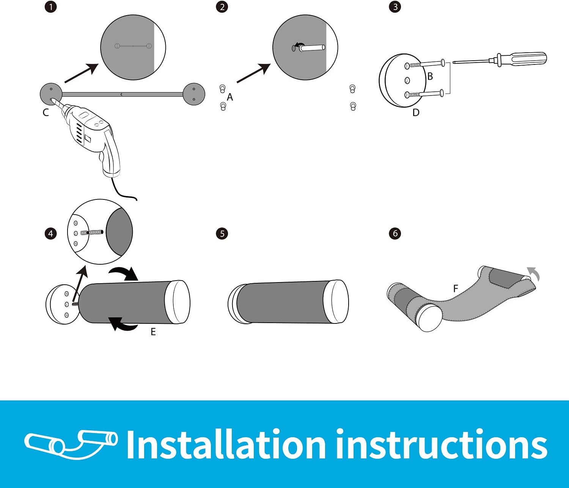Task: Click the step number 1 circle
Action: (x=51, y=7)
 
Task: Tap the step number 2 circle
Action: (x=222, y=7)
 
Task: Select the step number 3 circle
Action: (x=395, y=7)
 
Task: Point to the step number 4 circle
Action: (x=51, y=234)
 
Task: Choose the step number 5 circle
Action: (x=222, y=234)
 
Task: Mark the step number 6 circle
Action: (x=395, y=234)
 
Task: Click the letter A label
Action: (x=230, y=97)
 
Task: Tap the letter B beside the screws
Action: (x=430, y=76)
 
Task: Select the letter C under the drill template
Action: (x=46, y=113)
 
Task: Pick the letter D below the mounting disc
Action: (x=416, y=113)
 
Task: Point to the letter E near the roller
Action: (x=153, y=332)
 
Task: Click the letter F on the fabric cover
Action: (x=456, y=289)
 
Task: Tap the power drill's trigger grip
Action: (x=110, y=154)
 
